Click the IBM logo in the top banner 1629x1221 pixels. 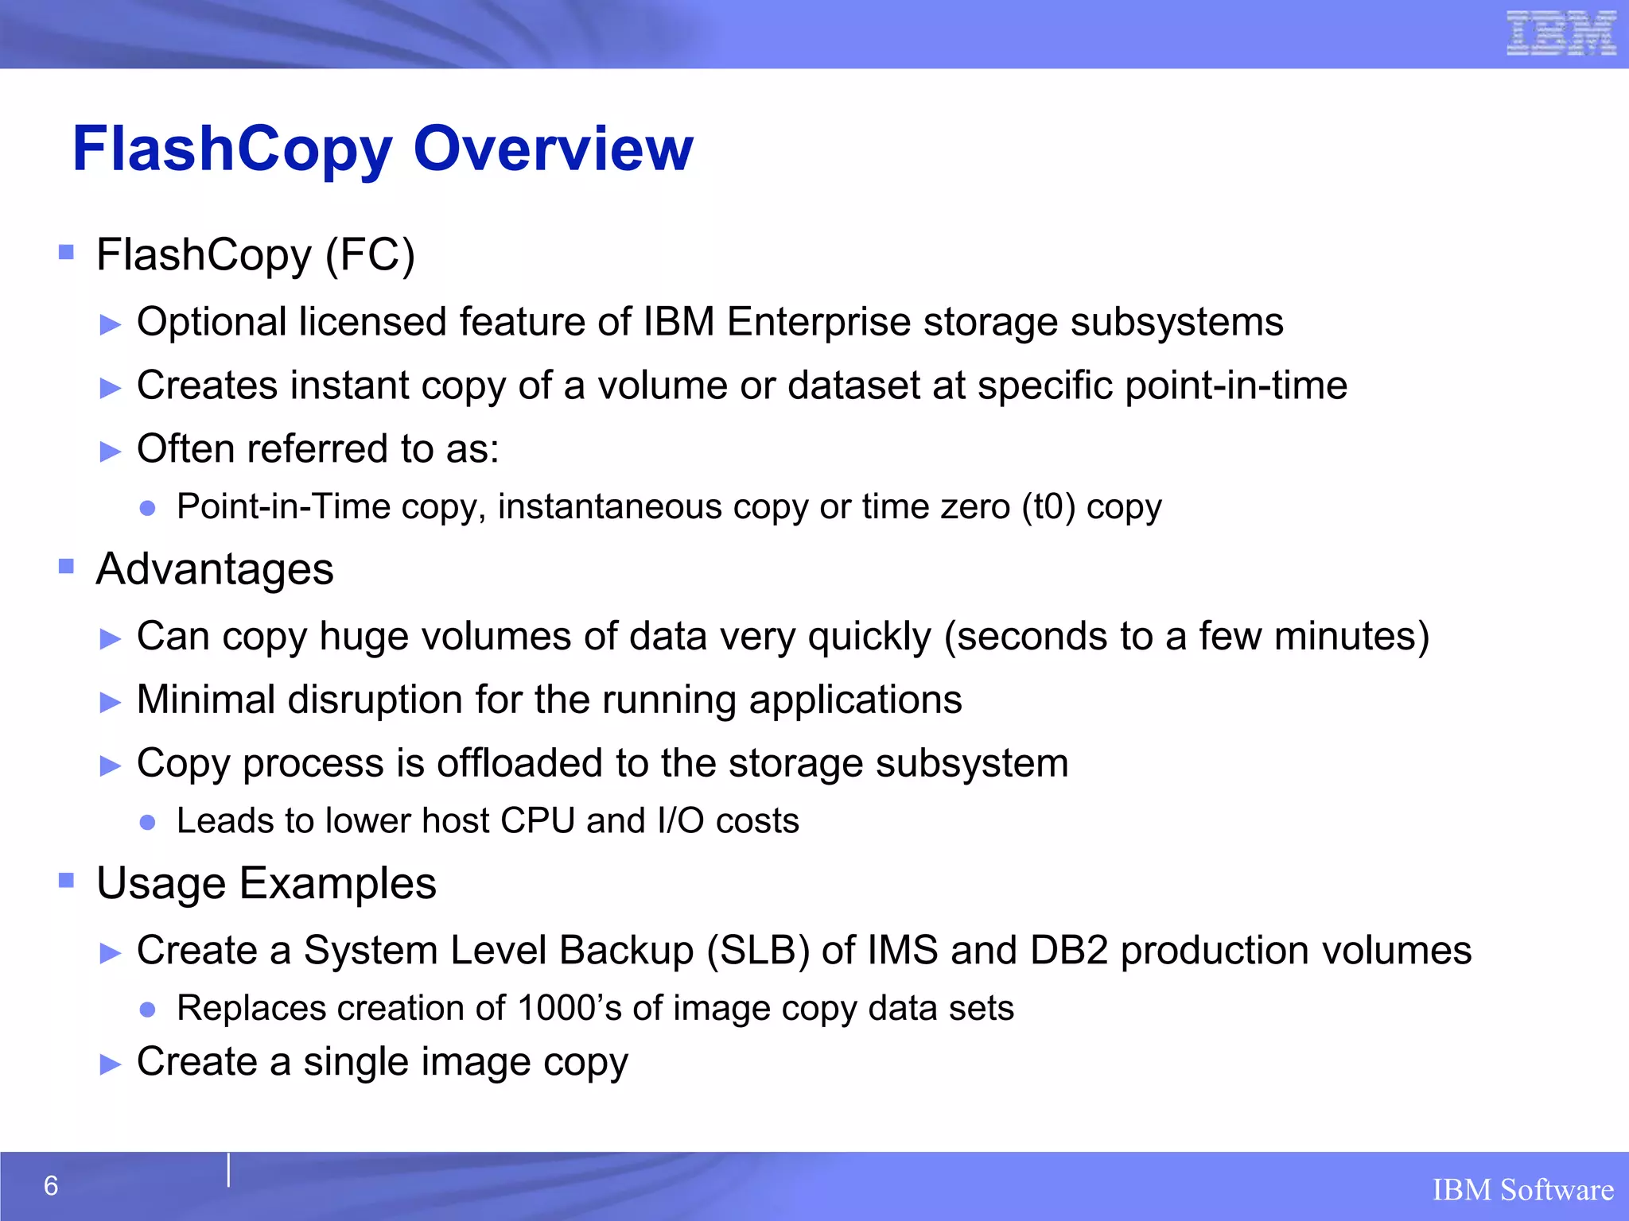pos(1561,33)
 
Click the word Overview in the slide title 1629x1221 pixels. pos(554,149)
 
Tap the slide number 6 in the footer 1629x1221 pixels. pos(51,1186)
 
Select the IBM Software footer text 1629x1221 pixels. pos(1522,1190)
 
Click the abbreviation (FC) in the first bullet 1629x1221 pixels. pos(370,255)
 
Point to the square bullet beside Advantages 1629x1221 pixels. pos(66,567)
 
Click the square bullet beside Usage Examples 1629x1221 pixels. pos(66,881)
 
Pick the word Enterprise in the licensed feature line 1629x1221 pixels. pos(818,323)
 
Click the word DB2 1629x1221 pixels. pos(1069,951)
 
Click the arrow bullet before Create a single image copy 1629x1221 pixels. pos(111,1064)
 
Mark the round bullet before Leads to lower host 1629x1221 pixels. pos(147,822)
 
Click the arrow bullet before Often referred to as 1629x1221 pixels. pos(111,452)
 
